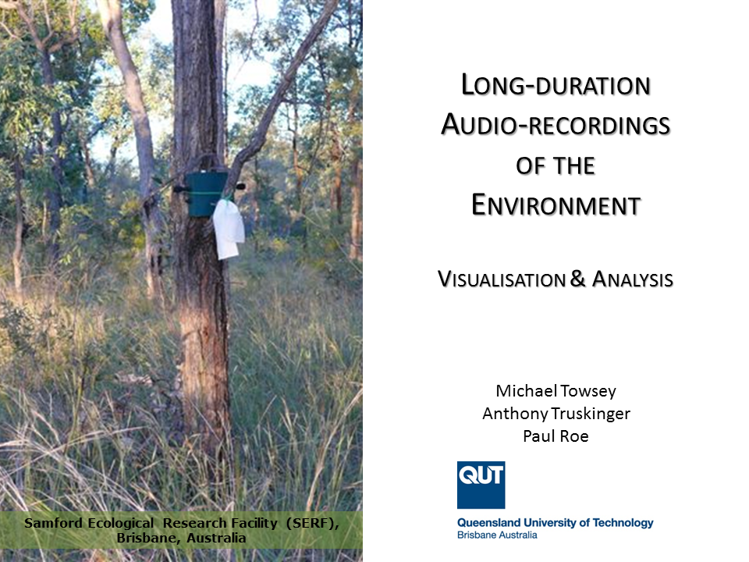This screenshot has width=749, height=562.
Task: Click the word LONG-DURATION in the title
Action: pyautogui.click(x=556, y=85)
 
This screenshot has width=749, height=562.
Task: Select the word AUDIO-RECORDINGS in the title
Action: pyautogui.click(x=556, y=125)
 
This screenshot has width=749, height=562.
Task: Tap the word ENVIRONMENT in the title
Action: pyautogui.click(x=556, y=205)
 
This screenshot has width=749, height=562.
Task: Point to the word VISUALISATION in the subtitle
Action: pyautogui.click(x=502, y=279)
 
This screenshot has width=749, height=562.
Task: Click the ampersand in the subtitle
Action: pyautogui.click(x=577, y=279)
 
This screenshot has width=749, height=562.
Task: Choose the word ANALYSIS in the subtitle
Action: pyautogui.click(x=633, y=279)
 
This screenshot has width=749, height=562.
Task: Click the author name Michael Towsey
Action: pyautogui.click(x=556, y=391)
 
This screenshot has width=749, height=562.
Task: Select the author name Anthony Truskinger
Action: pyautogui.click(x=556, y=414)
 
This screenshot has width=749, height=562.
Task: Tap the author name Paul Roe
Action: pyautogui.click(x=556, y=436)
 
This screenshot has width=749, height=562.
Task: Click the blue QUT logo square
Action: pyautogui.click(x=481, y=485)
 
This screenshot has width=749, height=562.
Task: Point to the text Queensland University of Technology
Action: pyautogui.click(x=555, y=523)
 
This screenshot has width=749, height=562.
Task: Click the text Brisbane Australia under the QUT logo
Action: pyautogui.click(x=497, y=535)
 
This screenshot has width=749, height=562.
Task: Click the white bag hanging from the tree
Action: pyautogui.click(x=229, y=229)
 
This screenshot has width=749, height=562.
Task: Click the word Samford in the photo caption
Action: pyautogui.click(x=53, y=523)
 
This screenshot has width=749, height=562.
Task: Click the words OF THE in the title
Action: pyautogui.click(x=556, y=165)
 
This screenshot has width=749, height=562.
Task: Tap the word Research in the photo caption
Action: pyautogui.click(x=194, y=523)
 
